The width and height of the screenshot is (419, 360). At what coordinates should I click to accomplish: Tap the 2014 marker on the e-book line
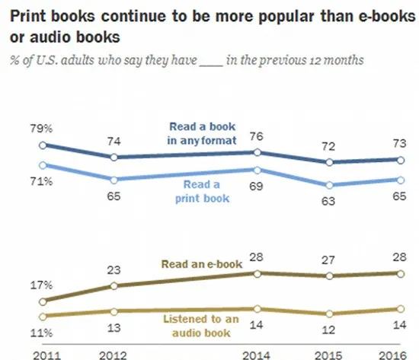(x=257, y=273)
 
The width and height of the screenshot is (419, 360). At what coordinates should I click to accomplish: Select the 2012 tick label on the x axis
(x=113, y=352)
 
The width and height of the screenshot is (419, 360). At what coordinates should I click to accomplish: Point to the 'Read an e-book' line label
(x=201, y=263)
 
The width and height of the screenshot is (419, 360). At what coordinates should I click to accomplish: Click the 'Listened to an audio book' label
(x=201, y=325)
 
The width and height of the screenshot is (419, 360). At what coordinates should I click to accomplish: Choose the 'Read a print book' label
(x=201, y=190)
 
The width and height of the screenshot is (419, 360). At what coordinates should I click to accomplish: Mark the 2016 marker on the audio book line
(x=400, y=309)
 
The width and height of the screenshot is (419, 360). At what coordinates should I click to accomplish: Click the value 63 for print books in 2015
(x=329, y=202)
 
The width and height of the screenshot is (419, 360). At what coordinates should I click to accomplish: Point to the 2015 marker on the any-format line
(x=329, y=162)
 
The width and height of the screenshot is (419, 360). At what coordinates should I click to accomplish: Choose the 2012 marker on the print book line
(x=114, y=180)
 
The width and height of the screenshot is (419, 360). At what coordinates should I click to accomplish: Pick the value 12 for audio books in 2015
(x=329, y=330)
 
